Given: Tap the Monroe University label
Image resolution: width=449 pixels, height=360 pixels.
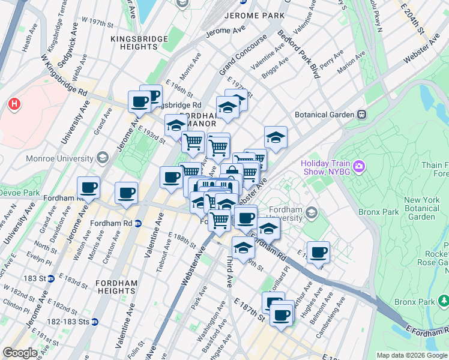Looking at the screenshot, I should click(x=59, y=158).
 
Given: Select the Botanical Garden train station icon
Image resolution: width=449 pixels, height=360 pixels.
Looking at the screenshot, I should click(x=361, y=114).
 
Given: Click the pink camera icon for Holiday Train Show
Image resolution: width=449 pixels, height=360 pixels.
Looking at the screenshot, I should click(x=359, y=165).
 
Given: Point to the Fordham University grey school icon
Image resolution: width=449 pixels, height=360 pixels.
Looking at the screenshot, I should click(x=311, y=212).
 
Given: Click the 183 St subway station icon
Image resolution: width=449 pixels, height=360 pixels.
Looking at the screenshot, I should click(x=52, y=278).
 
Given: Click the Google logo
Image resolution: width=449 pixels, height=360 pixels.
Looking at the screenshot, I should click(x=20, y=353).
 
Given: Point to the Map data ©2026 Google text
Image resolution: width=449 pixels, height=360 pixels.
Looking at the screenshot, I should click(x=412, y=355).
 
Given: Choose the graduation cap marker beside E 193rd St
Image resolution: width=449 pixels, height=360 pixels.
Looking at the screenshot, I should click(x=175, y=125).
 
